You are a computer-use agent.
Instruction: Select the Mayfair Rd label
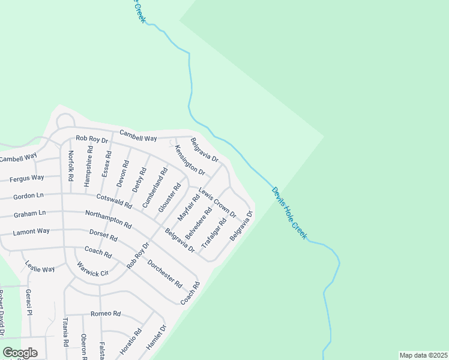188,208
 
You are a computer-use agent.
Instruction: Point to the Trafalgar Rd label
214,233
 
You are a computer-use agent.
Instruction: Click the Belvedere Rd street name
199,223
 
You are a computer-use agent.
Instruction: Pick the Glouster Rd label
169,197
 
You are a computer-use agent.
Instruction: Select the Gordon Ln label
28,196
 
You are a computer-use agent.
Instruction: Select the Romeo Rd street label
106,314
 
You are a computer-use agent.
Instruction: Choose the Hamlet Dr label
156,338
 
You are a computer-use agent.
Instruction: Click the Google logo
20,353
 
